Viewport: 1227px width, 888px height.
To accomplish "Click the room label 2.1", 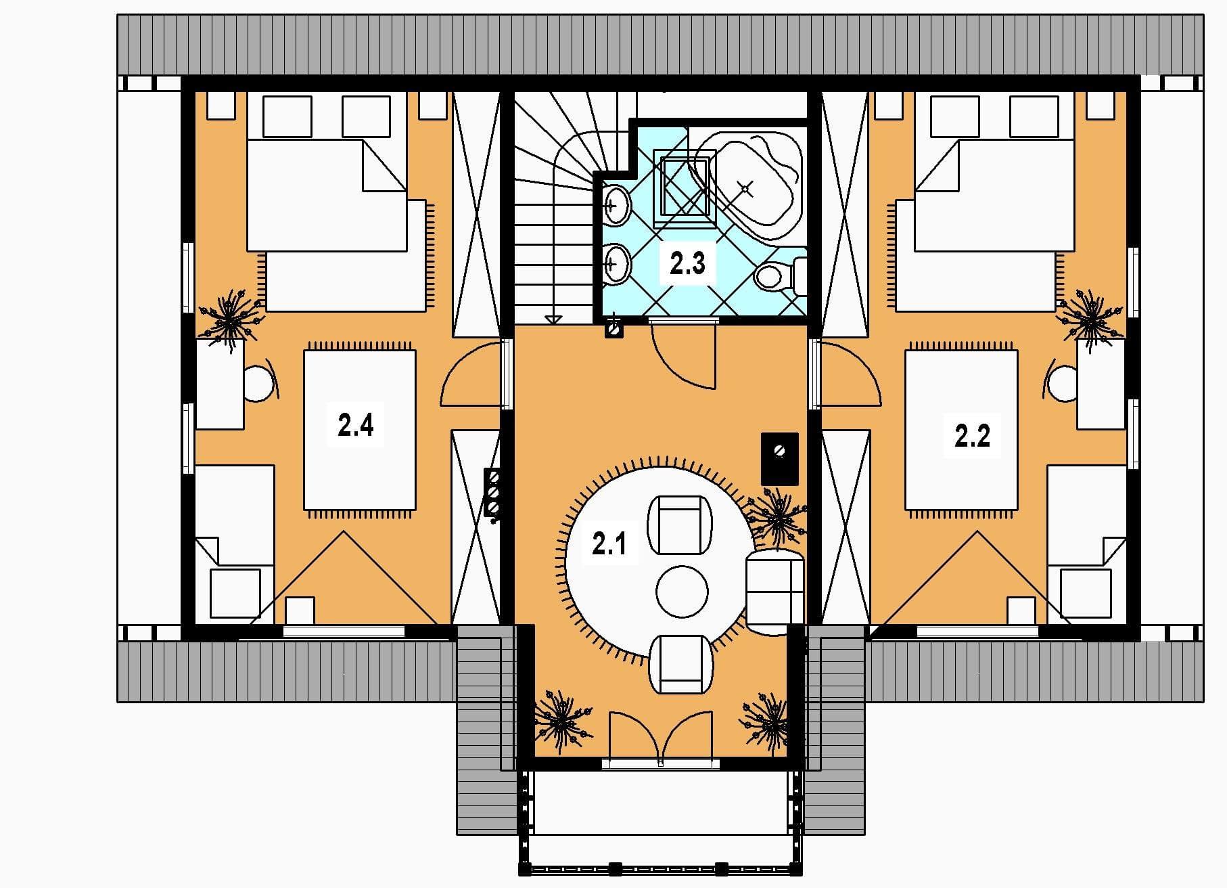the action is coord(609,543).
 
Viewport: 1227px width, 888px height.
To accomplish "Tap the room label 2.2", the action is coord(972,436).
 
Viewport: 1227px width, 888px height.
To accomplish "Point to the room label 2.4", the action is coord(356,426).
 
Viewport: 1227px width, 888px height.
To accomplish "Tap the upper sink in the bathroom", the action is coord(616,204).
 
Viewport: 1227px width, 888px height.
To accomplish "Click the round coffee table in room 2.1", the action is coord(682,592).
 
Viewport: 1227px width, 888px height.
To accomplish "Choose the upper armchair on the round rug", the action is coord(680,525).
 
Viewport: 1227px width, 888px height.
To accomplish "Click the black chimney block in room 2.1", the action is coord(780,458).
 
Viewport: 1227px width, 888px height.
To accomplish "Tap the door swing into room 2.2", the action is coord(851,374).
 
